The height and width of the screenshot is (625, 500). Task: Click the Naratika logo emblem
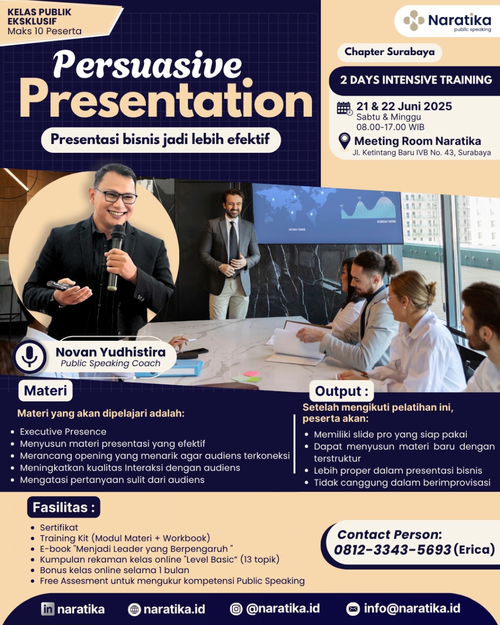pos(414,21)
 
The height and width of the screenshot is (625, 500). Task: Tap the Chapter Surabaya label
pos(390,52)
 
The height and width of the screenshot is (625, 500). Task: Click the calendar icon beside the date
pos(345,108)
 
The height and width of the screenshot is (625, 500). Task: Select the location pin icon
pos(344,142)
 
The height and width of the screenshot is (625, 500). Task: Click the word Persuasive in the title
pos(147,64)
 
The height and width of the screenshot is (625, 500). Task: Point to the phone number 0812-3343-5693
pos(393,550)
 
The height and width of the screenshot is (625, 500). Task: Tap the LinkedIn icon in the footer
pos(48,609)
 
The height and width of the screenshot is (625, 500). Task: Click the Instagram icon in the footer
pos(236,609)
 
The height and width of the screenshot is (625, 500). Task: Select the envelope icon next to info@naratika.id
pos(353,609)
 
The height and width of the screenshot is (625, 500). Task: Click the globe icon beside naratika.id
pos(134,609)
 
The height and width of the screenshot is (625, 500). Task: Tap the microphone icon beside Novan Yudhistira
pos(30,356)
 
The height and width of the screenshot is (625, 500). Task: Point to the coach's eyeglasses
pos(117,196)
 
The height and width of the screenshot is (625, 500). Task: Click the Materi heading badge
pos(45,391)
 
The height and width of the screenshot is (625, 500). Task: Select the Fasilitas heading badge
pos(63,507)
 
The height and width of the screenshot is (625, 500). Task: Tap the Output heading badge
pos(341,391)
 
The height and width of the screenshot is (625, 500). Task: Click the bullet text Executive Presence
pos(63,432)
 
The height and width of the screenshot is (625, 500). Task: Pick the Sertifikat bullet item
pos(59,527)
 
